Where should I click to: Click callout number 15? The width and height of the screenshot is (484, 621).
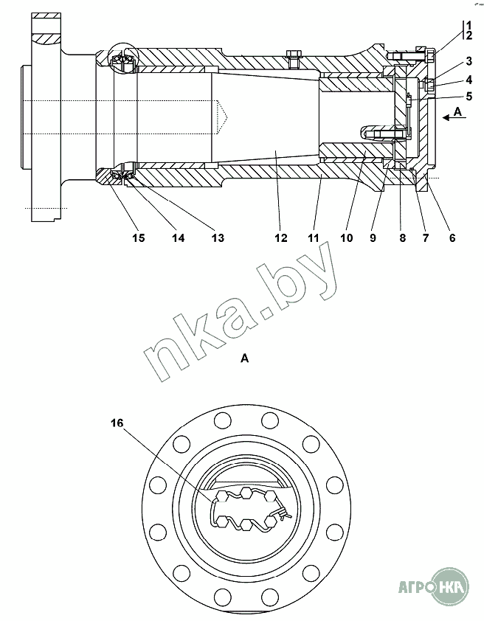coord(138,237)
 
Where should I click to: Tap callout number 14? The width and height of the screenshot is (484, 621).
coord(177,237)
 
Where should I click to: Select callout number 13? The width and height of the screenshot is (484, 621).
coord(216,237)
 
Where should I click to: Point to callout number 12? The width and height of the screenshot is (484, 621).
coord(279,237)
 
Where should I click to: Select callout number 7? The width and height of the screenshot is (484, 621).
coord(426,237)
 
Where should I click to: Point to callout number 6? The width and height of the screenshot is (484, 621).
coord(452,237)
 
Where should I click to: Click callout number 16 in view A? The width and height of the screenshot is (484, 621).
coord(117,423)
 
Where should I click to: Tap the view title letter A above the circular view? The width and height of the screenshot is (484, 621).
coord(244,358)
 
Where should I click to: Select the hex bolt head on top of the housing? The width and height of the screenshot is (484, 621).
coord(293,53)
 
